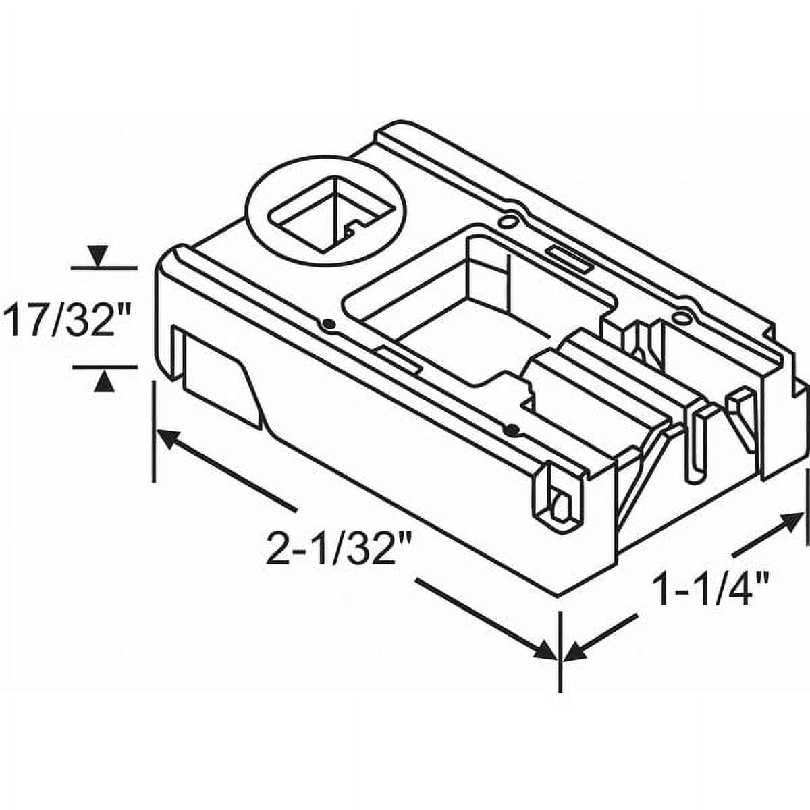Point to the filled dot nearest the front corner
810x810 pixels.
click(512, 429)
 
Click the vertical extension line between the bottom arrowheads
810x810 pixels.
click(560, 651)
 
